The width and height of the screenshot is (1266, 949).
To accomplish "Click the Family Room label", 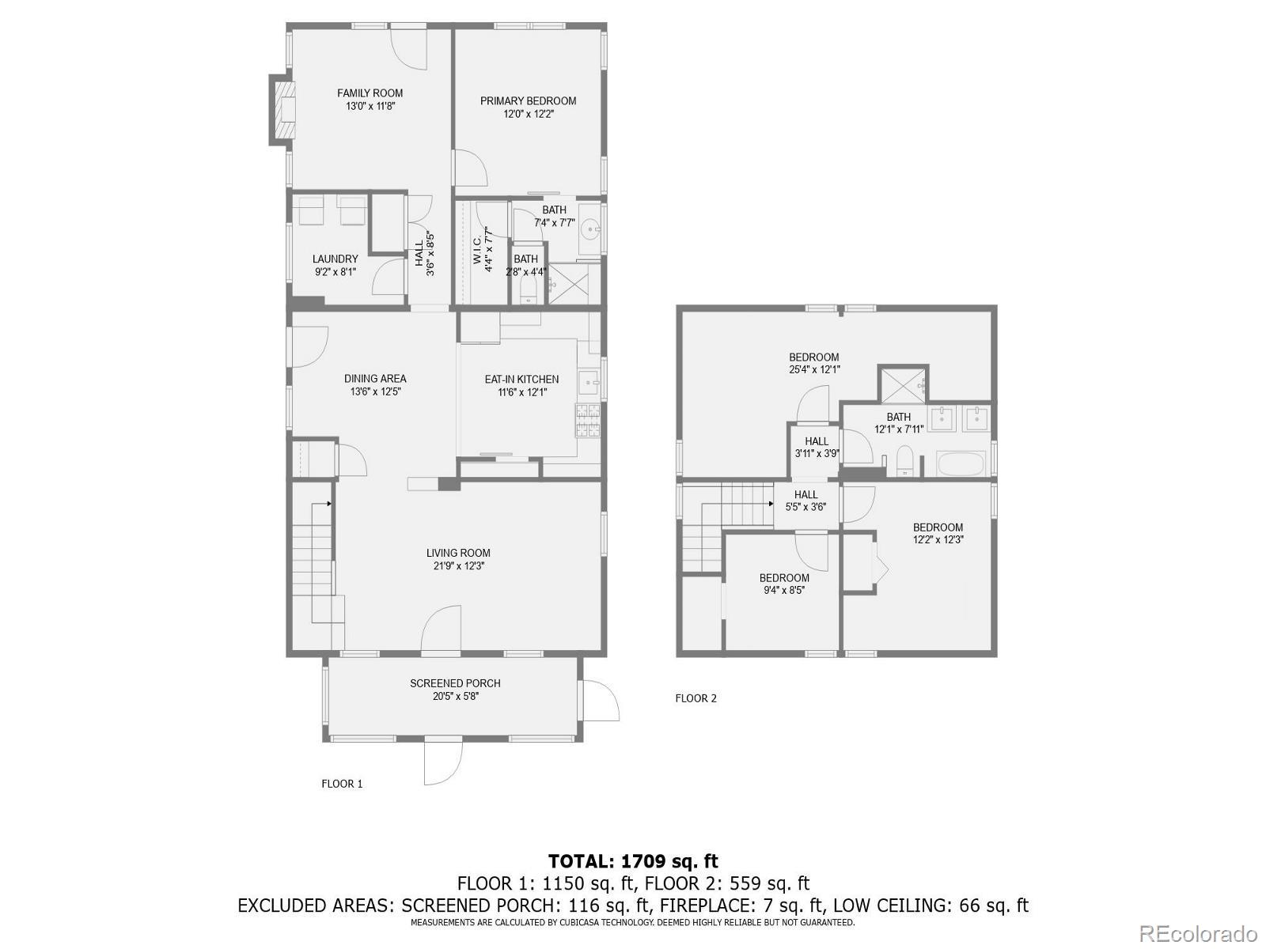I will tap(370, 93).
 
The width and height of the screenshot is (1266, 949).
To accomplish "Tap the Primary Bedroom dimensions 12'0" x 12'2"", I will tap(528, 114).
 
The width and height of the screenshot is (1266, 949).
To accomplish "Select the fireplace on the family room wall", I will tap(283, 110).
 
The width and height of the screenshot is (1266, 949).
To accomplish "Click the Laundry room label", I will tap(335, 259).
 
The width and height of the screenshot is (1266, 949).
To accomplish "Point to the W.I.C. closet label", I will tap(478, 251).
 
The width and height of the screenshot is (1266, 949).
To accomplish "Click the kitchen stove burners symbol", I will tap(588, 420).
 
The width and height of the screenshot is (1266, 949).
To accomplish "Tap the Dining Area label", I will tap(375, 379).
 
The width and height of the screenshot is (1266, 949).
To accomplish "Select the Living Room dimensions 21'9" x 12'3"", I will tap(458, 566).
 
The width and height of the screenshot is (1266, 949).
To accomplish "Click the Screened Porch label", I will tap(455, 683).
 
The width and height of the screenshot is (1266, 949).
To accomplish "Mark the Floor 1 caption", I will tap(342, 784).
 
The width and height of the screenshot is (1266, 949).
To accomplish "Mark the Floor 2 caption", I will tap(696, 698).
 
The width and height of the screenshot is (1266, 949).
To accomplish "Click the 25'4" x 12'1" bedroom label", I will tap(813, 357).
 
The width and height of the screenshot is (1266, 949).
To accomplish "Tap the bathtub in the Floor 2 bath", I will tap(961, 464).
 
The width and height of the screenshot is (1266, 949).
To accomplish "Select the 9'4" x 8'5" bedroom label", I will tap(784, 578).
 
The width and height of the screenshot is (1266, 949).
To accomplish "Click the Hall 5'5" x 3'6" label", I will tap(805, 495).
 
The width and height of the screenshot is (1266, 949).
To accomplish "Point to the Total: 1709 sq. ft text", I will tap(633, 861).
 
